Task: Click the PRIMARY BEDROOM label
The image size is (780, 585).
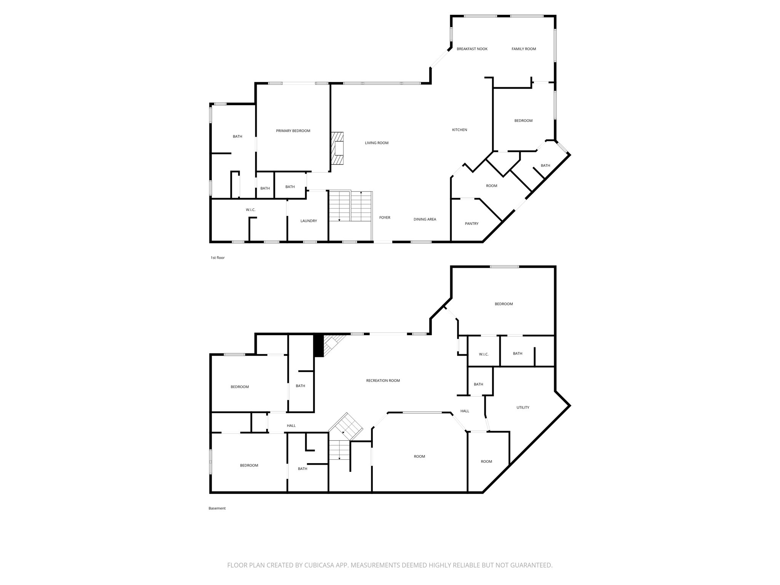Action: pos(293,131)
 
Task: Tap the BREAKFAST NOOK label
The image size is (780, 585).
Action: pos(472,49)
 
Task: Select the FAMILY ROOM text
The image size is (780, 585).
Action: pos(524,49)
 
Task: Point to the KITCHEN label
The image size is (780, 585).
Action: pos(459,130)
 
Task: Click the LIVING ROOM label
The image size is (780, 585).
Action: pos(376,143)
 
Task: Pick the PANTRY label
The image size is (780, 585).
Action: pos(472,224)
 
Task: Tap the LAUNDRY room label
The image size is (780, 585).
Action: pos(308,221)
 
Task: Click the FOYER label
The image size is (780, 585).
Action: pos(385,218)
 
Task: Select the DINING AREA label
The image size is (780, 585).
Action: pos(425,219)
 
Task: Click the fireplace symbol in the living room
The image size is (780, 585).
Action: pos(338,148)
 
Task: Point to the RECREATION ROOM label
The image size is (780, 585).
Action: pos(383,381)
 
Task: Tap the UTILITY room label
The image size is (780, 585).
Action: pos(523,408)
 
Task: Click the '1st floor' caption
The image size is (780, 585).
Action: pos(217,258)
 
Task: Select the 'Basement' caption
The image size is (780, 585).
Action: pos(217,508)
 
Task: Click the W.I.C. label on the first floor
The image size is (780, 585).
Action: pos(250,210)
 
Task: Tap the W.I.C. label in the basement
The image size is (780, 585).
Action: pos(483,355)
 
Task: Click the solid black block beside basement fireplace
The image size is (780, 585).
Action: pos(318,345)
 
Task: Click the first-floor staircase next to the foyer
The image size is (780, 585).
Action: pos(350,206)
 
